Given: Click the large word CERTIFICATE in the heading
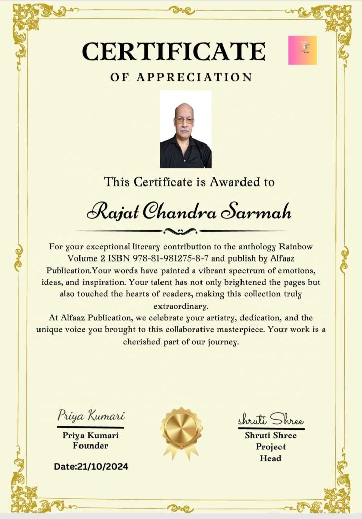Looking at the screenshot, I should coord(174,51).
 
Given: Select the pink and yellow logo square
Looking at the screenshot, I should coord(302,50).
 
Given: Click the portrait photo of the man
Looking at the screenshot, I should coord(186,129).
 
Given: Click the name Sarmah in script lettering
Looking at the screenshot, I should coord(262,212).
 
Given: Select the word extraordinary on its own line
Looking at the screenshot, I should coord(181,307).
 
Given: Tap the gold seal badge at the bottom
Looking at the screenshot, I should coord(181,428).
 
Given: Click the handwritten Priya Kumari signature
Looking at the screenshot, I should coord(91,417).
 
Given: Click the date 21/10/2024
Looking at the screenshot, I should coord(103,466).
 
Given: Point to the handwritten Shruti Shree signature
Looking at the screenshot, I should coord(271,420).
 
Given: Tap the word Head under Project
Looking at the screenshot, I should coord(270,458).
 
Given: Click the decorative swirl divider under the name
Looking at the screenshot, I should coord(181,231).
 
